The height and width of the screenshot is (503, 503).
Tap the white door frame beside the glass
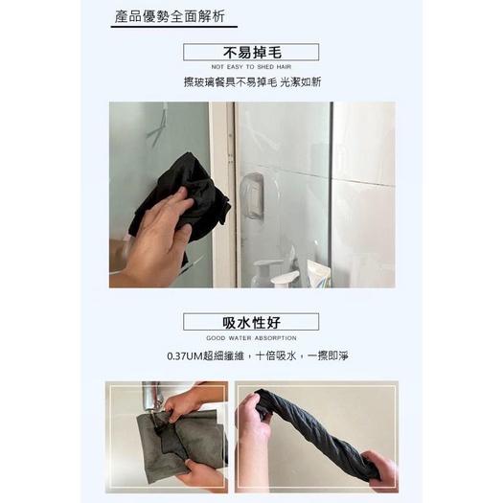(x=222, y=192)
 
